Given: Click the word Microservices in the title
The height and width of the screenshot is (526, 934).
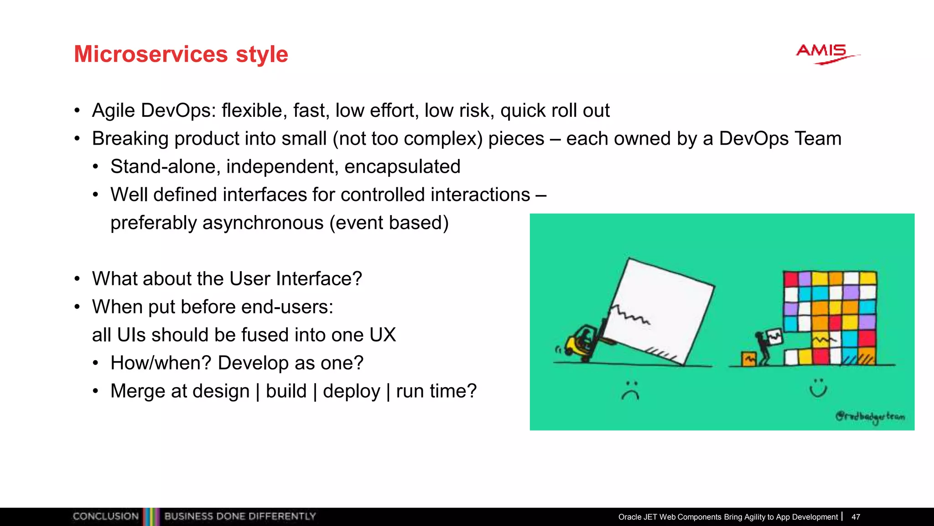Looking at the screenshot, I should point(150,54).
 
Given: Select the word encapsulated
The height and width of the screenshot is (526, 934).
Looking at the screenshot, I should point(402,167).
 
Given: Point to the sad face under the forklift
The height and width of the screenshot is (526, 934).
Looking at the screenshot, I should point(631,391).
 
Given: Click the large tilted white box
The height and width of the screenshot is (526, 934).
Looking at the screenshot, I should point(661,310).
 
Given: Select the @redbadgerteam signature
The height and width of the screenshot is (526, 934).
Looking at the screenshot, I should point(870,416).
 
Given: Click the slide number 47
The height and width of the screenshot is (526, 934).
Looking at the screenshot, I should point(856,517).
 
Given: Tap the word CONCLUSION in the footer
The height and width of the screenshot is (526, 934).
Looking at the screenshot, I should point(106,516).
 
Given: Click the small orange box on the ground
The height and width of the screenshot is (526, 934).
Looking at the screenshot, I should point(748,359).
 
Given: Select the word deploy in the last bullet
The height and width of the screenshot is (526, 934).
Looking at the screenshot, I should point(351,391).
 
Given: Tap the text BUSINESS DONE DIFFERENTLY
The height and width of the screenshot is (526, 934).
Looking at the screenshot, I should point(240,516).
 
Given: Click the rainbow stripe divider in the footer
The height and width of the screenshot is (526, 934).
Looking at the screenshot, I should point(151,516).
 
